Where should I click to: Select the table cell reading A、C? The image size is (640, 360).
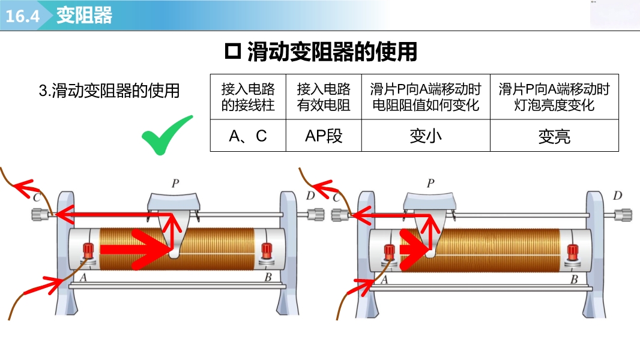[x=248, y=136]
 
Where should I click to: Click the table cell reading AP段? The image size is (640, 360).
[x=324, y=136]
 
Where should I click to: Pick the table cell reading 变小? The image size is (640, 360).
[x=426, y=136]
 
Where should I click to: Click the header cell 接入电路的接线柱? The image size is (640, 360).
[x=248, y=97]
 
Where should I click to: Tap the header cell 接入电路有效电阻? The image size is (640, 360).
[x=324, y=97]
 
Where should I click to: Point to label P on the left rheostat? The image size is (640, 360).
[x=175, y=184]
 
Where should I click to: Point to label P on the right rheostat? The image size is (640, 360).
[x=430, y=184]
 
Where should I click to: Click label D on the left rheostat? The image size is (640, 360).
[x=310, y=196]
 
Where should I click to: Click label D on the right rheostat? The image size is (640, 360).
[x=618, y=196]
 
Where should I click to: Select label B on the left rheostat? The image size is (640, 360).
[x=268, y=278]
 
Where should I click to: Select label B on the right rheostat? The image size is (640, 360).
[x=574, y=279]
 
